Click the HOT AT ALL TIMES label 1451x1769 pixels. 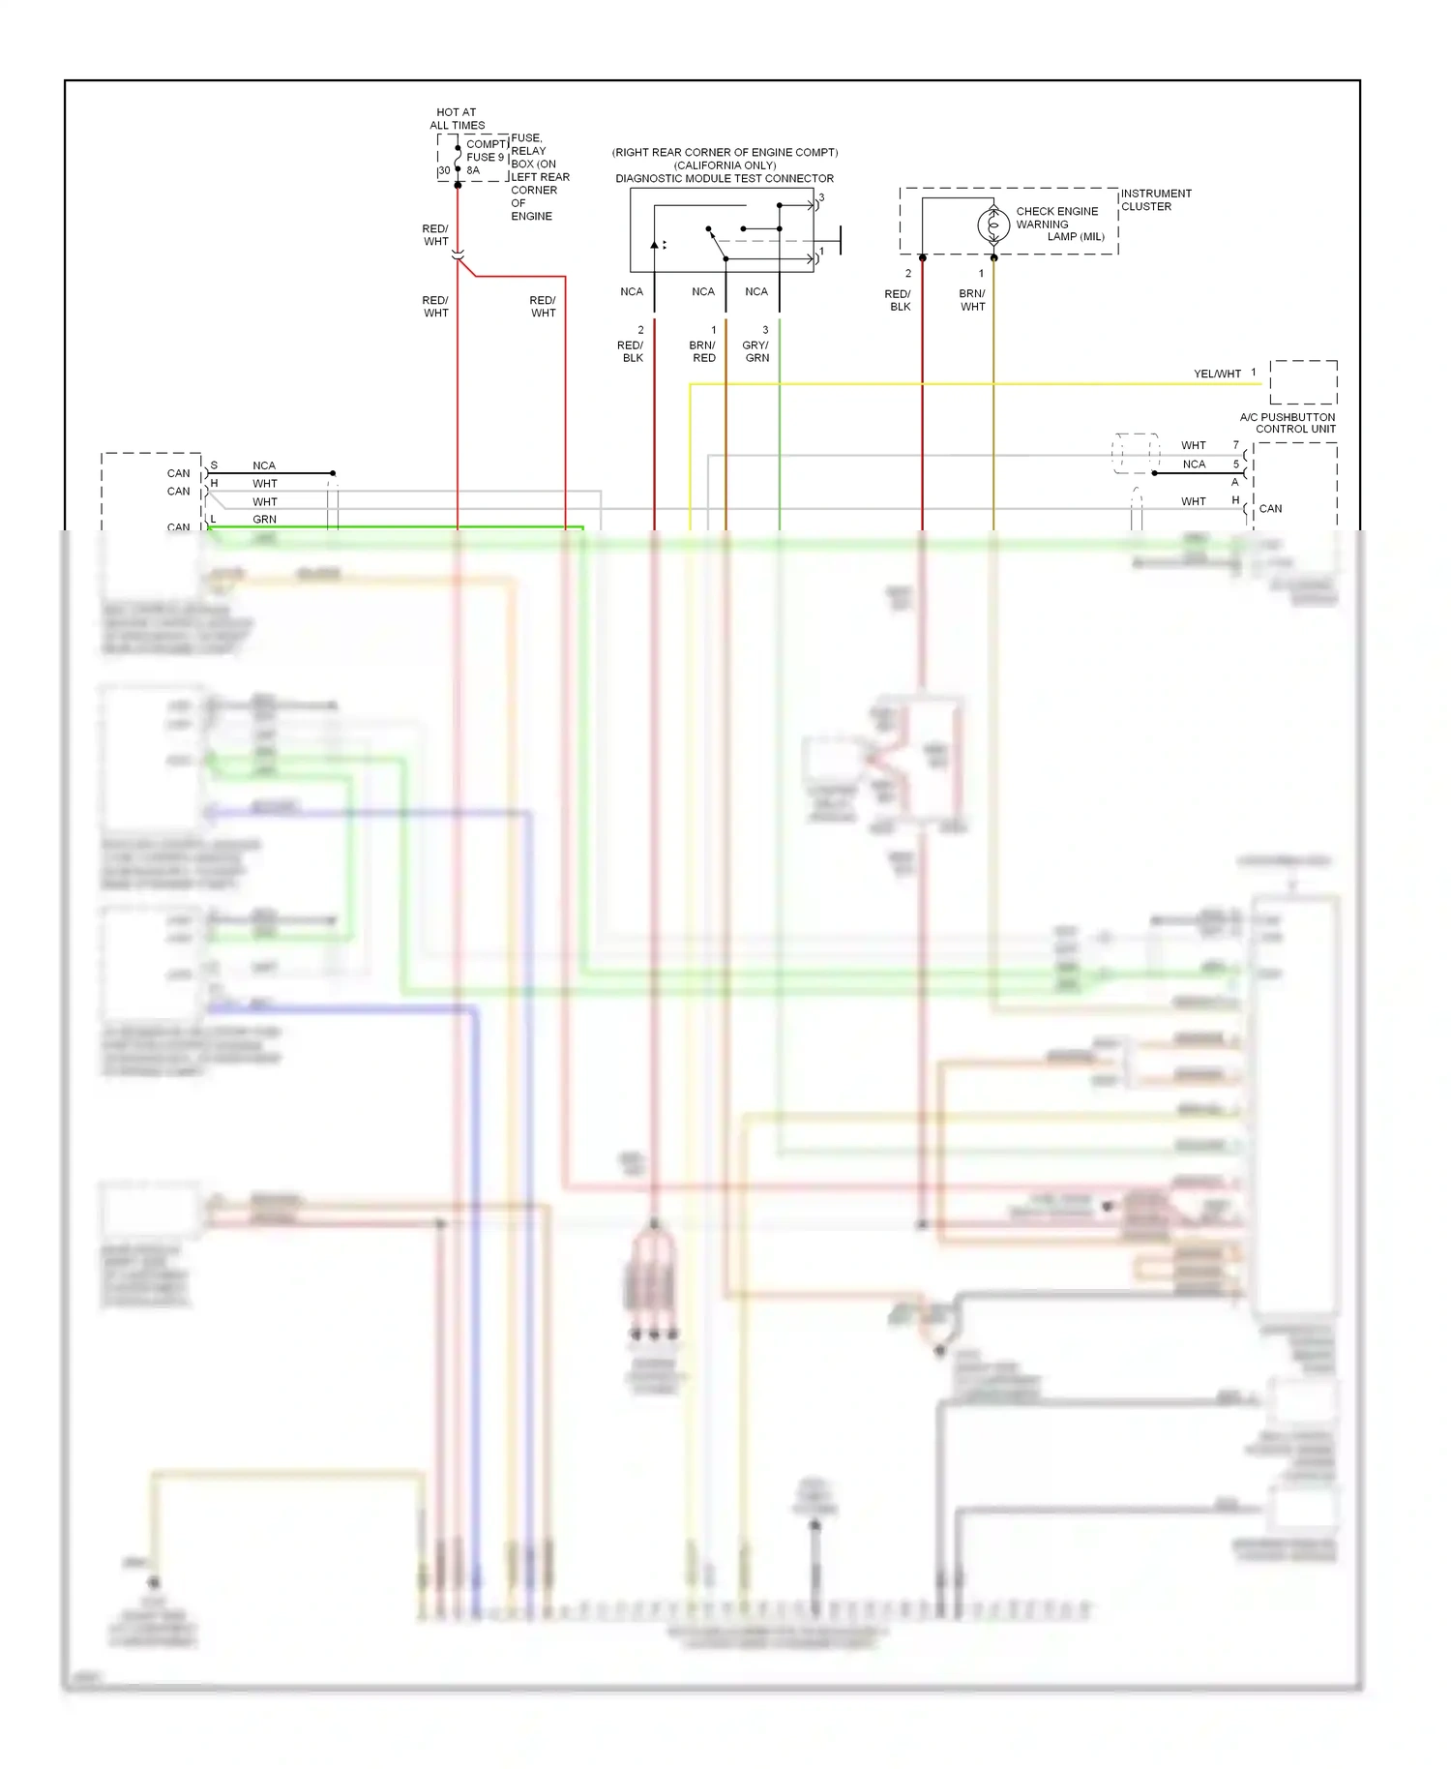click(457, 119)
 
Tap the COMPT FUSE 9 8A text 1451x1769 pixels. click(486, 157)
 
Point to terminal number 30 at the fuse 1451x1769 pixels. click(444, 171)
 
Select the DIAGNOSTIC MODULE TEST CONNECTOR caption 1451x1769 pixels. click(725, 179)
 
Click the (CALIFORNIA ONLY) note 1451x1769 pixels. click(725, 165)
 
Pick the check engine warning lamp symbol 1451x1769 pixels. click(993, 225)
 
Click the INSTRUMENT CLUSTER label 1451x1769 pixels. click(1156, 199)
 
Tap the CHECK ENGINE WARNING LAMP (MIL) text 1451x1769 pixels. click(1059, 224)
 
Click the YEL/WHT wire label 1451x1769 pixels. click(1217, 374)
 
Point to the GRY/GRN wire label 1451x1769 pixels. click(756, 351)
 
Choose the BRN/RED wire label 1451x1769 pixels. click(703, 351)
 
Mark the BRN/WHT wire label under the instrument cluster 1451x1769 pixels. click(972, 300)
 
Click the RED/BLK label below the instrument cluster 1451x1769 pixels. click(899, 300)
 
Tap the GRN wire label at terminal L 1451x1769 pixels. click(264, 520)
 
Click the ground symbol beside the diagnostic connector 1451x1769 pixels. click(839, 240)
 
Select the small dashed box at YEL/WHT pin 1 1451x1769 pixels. click(1303, 382)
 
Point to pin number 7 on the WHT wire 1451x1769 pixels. click(1235, 445)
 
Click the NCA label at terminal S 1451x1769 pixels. click(264, 465)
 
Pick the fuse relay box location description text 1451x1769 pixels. click(539, 177)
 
